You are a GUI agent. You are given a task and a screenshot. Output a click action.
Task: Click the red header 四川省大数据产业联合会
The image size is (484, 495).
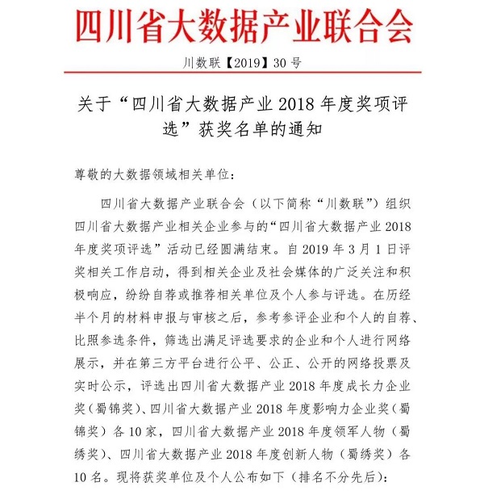(x=241, y=26)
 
